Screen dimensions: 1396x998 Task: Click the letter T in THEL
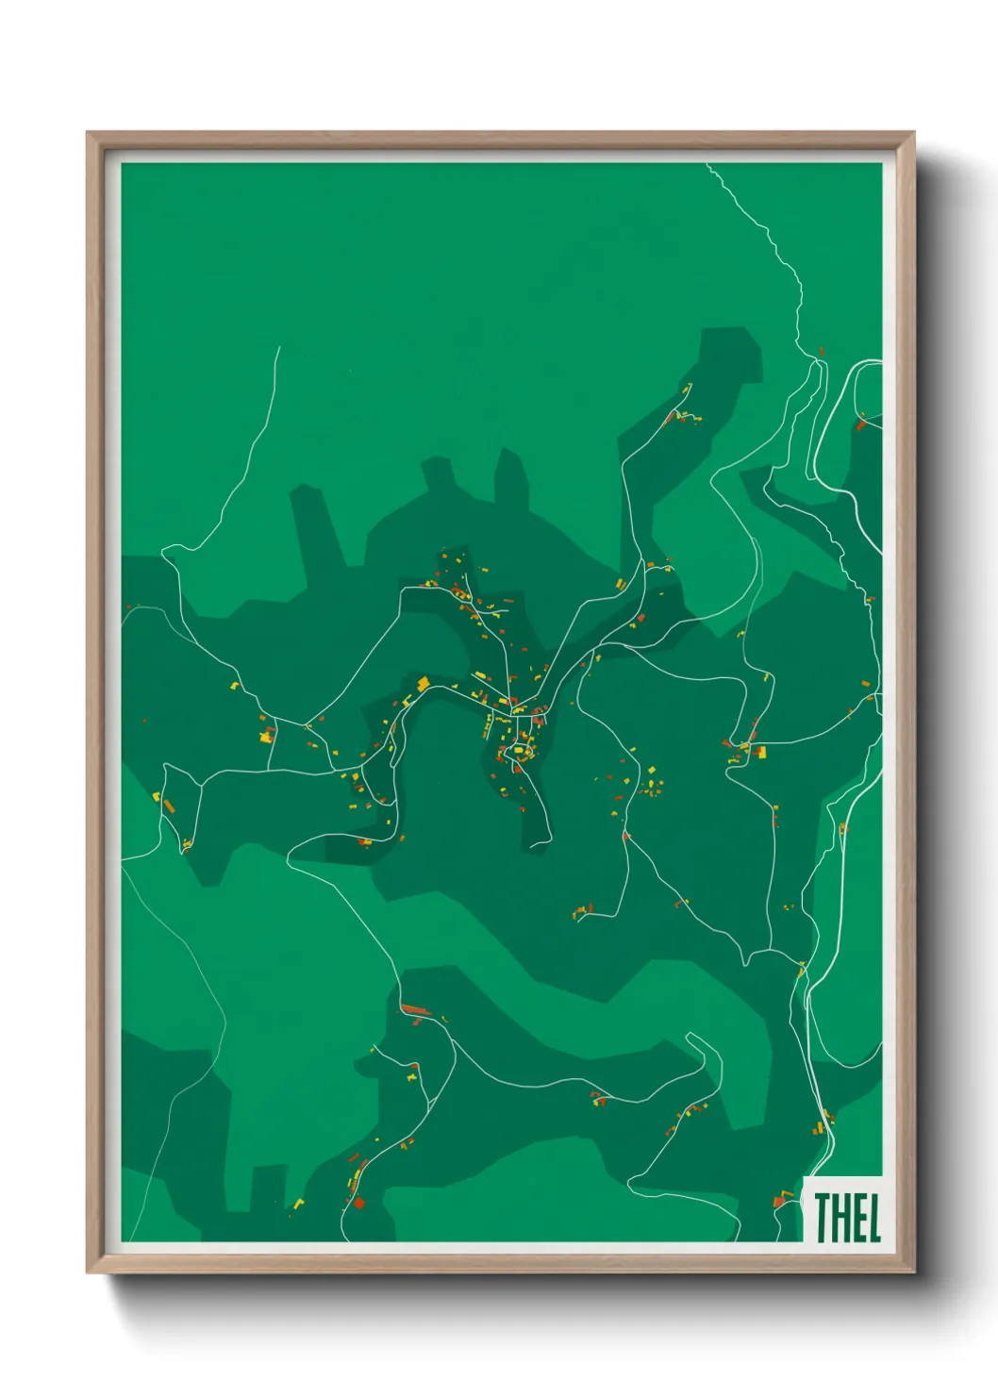(x=823, y=1218)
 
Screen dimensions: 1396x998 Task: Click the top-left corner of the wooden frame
(x=88, y=133)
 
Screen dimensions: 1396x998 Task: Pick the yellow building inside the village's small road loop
(x=518, y=751)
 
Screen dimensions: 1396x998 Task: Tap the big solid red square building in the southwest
(x=358, y=1203)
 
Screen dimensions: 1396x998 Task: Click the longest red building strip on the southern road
(x=415, y=1010)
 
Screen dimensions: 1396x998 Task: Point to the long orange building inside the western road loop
(x=170, y=806)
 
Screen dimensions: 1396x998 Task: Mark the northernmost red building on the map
(x=822, y=351)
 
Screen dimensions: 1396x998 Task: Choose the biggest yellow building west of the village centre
(x=424, y=683)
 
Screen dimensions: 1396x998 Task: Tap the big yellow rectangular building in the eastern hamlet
(x=759, y=752)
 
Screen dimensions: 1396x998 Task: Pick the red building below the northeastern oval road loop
(x=860, y=425)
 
